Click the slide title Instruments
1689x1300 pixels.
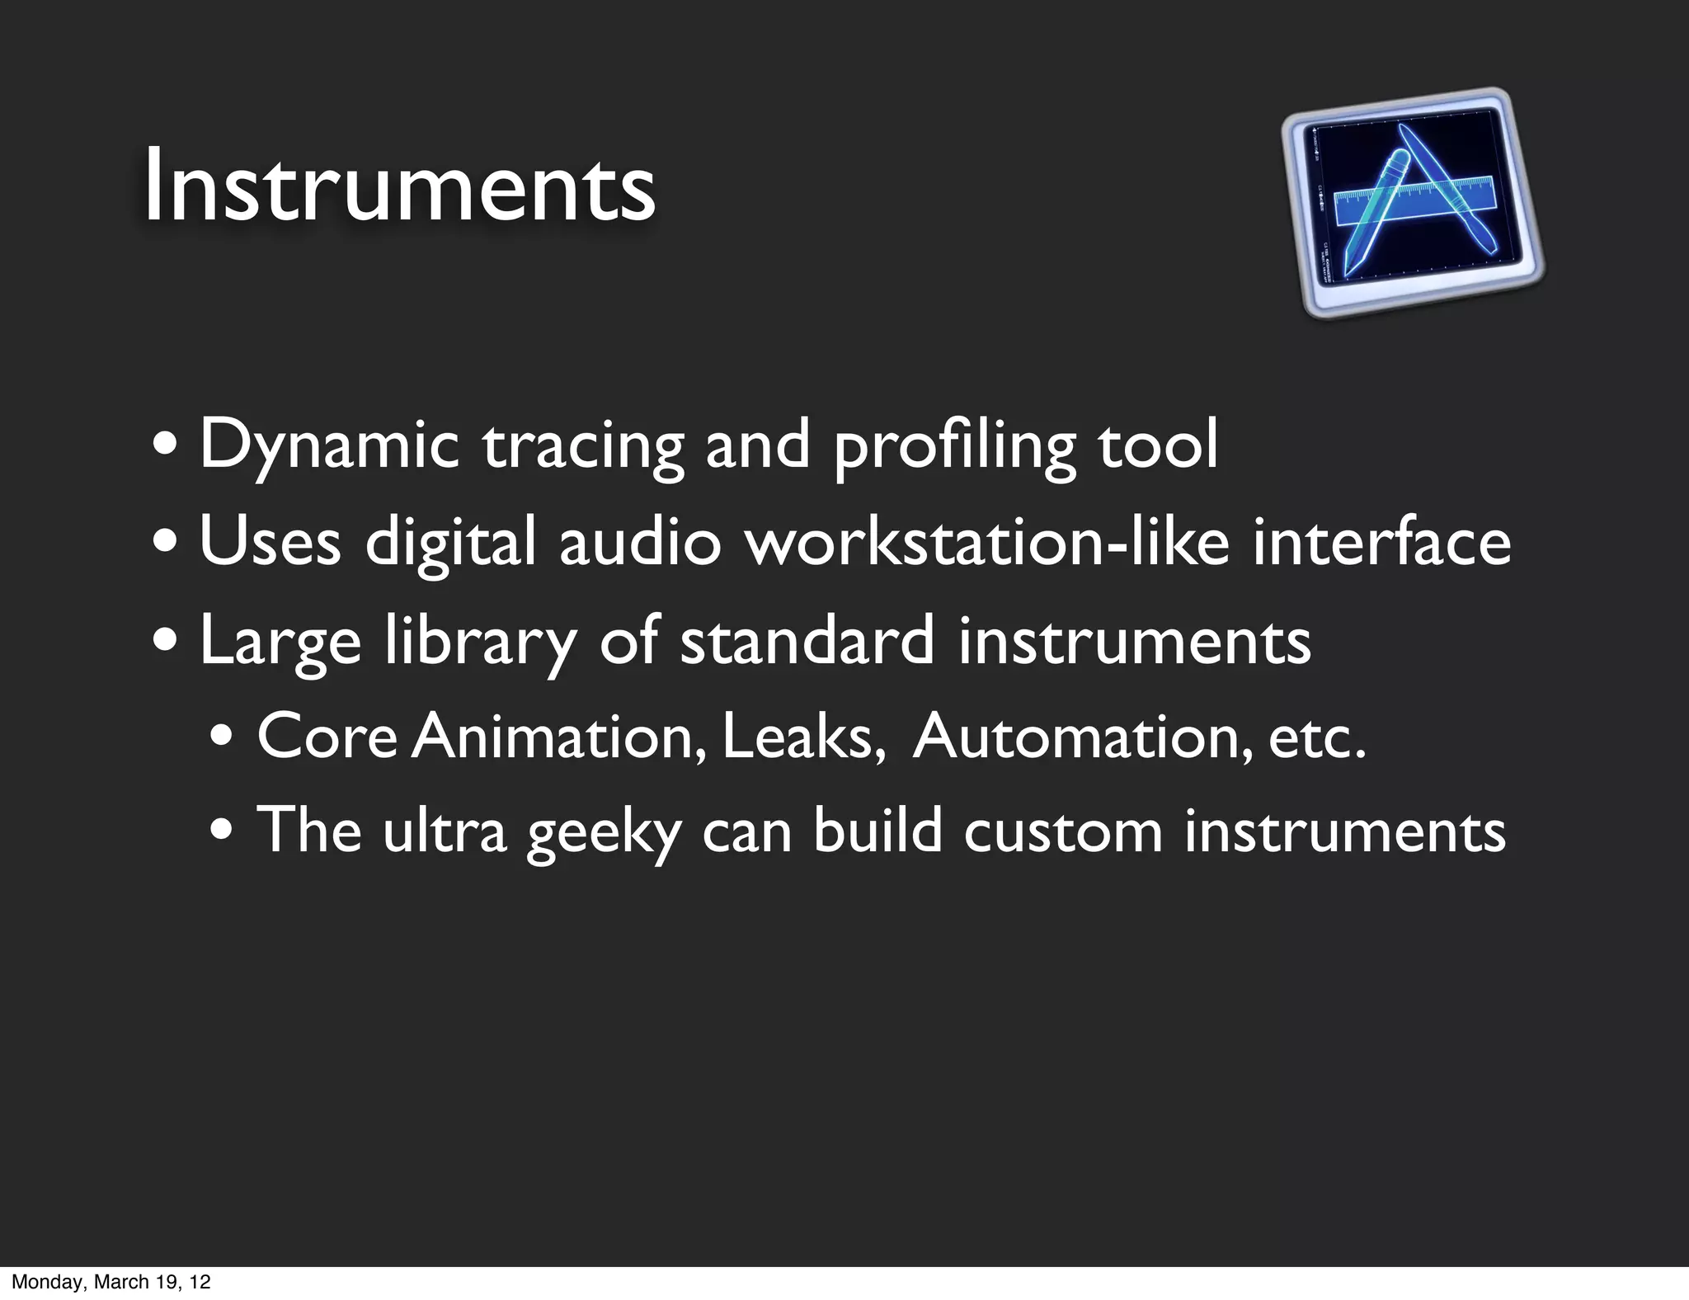coord(399,186)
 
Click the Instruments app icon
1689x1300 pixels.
coord(1412,203)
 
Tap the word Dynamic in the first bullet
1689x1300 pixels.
coord(328,445)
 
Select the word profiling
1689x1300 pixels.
coord(954,445)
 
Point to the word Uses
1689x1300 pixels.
coord(270,542)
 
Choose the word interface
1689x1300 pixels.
coord(1381,542)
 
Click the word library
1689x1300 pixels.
coord(480,641)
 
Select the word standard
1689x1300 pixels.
coord(807,641)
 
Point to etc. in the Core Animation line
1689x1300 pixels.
coord(1317,736)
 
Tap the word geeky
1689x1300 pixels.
coord(604,831)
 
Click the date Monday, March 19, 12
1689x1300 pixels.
coord(111,1282)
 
